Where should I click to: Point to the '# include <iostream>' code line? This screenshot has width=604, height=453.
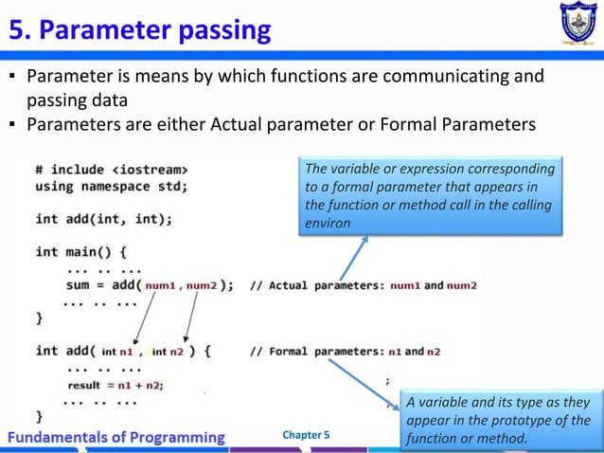[104, 170]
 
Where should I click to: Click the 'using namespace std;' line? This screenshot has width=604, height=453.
[111, 186]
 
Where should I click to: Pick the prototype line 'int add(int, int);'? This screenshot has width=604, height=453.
[103, 219]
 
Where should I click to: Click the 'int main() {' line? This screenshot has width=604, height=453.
[80, 252]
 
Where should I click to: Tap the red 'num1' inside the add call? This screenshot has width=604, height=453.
[163, 285]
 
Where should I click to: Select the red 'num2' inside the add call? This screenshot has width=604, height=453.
[203, 285]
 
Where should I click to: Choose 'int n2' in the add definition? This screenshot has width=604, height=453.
[169, 352]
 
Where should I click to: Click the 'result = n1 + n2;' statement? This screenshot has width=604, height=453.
[115, 385]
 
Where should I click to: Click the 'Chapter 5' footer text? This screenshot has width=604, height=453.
[307, 435]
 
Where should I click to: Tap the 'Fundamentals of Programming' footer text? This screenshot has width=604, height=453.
[117, 437]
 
